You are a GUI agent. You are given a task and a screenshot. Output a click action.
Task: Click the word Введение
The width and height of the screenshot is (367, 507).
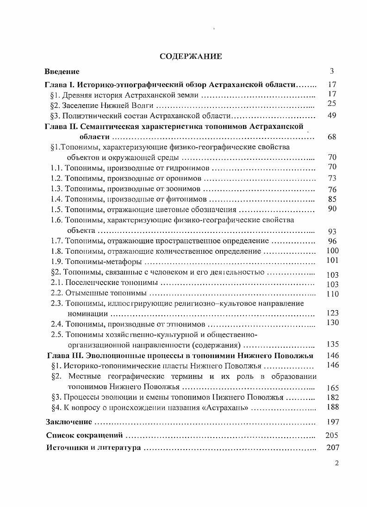click(x=62, y=72)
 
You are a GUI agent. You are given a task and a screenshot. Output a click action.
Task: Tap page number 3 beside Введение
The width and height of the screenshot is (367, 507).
click(x=332, y=71)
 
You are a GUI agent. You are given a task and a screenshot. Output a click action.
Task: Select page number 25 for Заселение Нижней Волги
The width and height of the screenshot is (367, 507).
click(x=331, y=103)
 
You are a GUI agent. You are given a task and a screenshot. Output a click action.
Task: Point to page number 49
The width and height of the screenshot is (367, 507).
click(x=331, y=115)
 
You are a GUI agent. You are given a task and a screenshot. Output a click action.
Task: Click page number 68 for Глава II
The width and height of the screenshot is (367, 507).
click(x=331, y=137)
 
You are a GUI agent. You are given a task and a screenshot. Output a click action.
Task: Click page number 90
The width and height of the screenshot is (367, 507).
click(x=331, y=209)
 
